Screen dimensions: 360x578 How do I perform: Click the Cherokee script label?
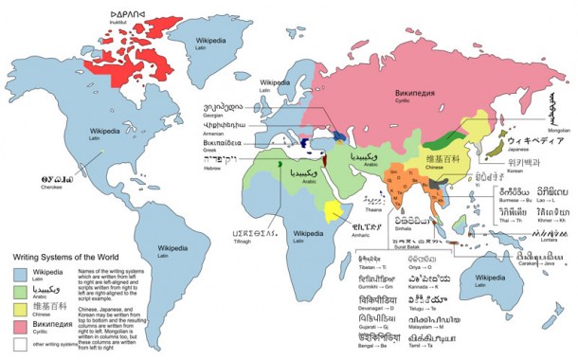31,176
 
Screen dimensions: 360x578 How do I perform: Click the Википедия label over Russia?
415,95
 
